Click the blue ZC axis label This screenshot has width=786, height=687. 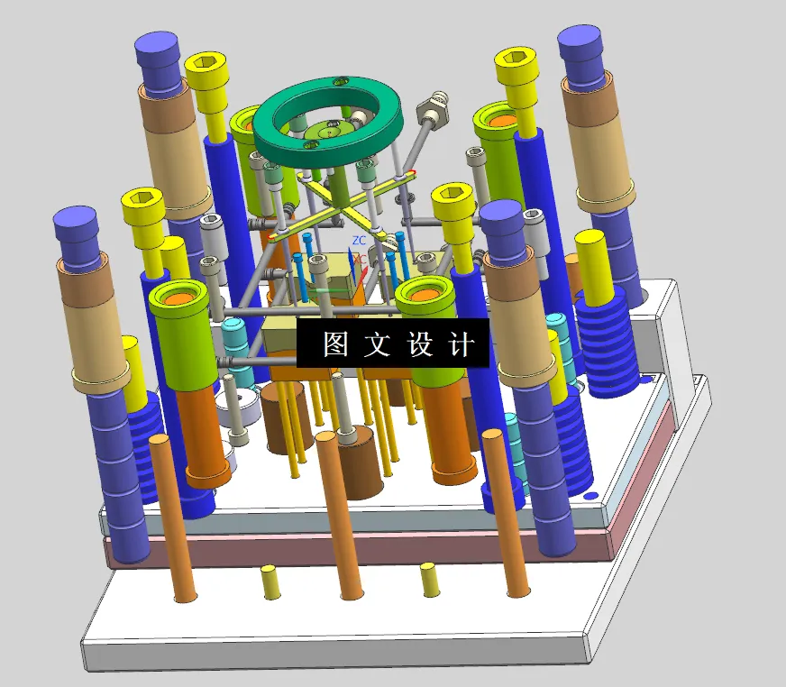359,241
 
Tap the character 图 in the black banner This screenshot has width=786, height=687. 335,344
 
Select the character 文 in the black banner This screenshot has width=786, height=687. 377,344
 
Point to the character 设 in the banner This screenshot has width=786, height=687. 420,344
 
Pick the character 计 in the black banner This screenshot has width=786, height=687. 461,344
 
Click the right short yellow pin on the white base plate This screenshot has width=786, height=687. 428,580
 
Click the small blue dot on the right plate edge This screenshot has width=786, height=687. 590,495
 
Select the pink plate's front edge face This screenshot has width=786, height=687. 361,548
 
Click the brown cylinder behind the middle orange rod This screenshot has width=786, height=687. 361,464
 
